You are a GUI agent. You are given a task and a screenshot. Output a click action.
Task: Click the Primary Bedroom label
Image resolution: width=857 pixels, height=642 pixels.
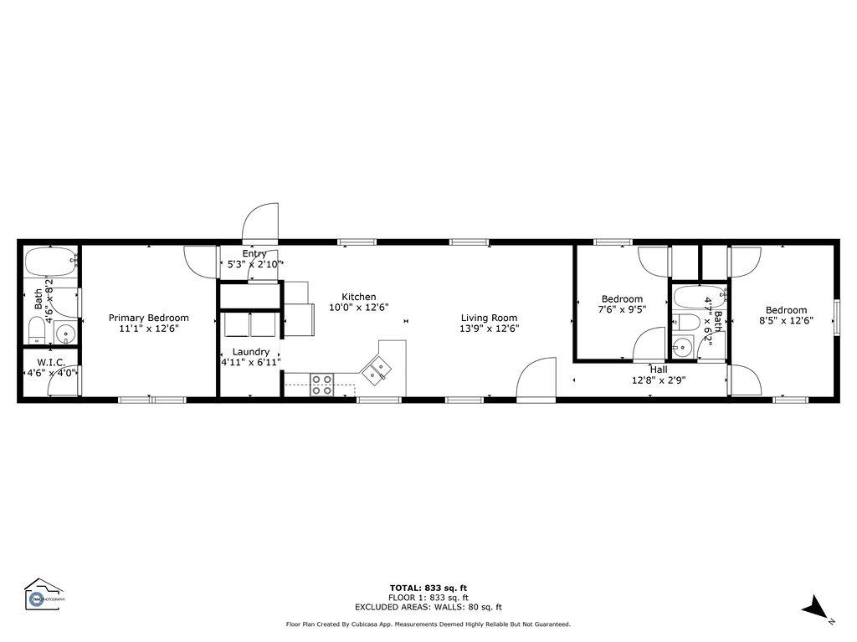[x=148, y=318]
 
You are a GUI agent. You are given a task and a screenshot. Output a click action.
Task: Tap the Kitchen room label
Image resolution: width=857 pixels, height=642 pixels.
[x=358, y=297]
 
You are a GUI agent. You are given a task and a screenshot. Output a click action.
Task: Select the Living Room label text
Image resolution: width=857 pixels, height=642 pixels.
[x=489, y=318]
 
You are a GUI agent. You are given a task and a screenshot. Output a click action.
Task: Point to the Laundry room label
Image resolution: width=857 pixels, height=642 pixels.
[x=250, y=352]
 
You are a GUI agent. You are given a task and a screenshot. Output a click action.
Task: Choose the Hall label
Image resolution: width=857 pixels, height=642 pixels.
[x=659, y=369]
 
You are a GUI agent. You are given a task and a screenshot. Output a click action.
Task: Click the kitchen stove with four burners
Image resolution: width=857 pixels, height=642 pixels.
[x=322, y=385]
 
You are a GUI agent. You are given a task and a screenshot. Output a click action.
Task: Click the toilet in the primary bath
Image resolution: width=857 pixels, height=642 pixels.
[x=36, y=333]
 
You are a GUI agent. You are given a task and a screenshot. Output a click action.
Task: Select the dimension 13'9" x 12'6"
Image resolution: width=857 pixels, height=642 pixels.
[x=489, y=329]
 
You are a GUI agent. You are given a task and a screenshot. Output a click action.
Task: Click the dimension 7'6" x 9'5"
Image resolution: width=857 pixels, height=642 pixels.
[x=622, y=309]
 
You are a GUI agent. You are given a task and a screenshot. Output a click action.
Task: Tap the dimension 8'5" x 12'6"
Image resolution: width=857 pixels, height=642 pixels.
[x=786, y=320]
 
